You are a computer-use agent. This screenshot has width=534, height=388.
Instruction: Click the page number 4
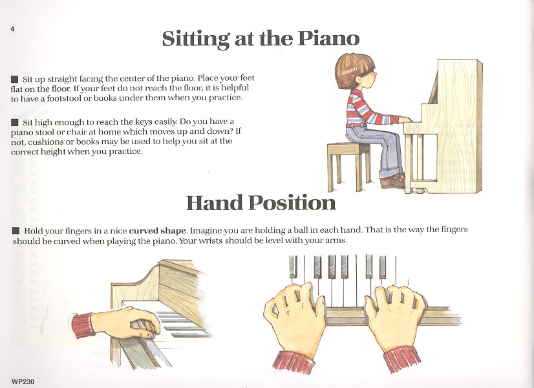pos(12,29)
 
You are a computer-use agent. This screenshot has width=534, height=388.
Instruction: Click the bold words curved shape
pos(158,231)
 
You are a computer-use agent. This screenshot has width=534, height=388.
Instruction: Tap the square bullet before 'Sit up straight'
pos(15,79)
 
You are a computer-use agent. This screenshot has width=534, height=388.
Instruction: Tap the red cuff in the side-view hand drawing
pos(83,325)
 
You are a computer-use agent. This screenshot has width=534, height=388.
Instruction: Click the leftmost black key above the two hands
pos(293,266)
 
